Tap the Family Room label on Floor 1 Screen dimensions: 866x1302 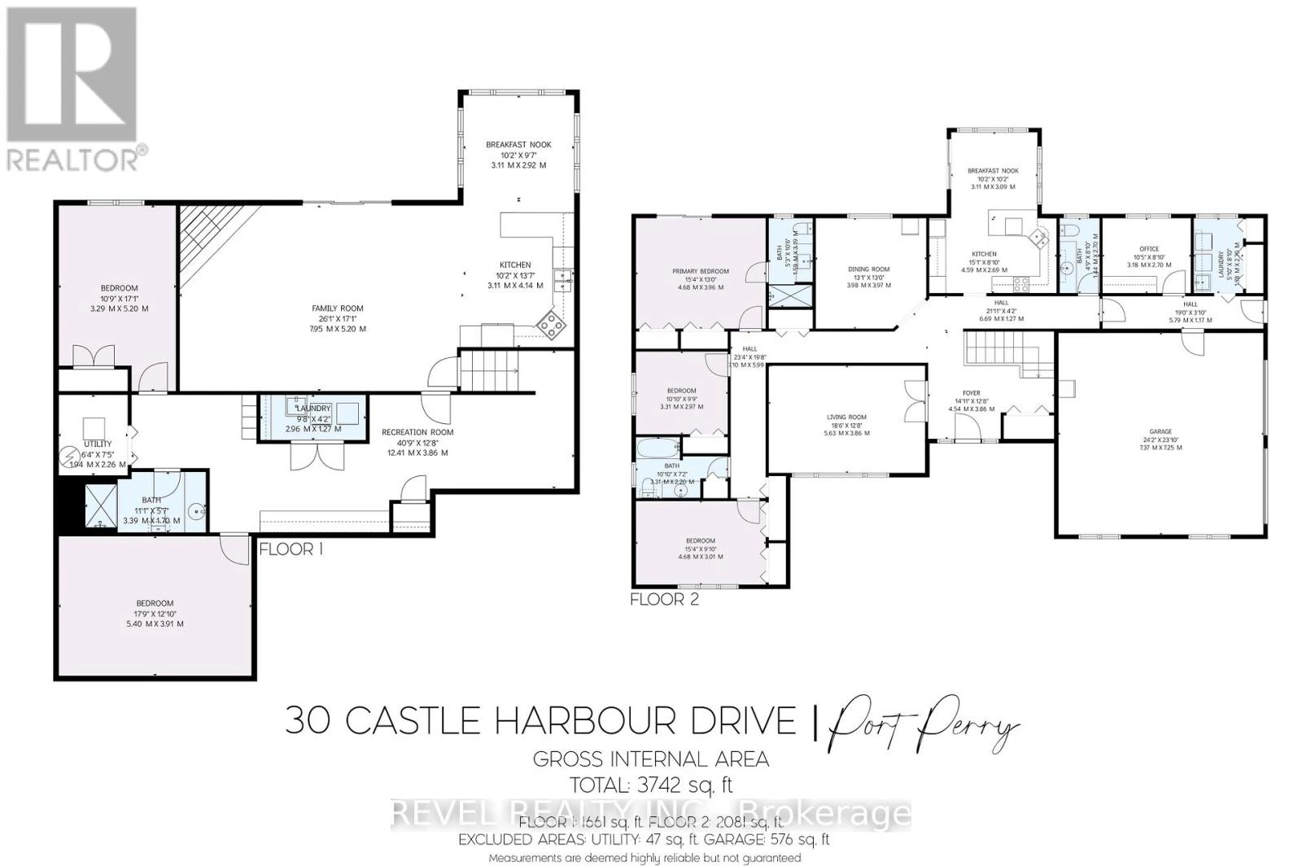pyautogui.click(x=338, y=309)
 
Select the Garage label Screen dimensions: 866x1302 pyautogui.click(x=1160, y=432)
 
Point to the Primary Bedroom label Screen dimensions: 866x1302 pyautogui.click(x=700, y=272)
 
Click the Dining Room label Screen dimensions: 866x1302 pyautogui.click(x=868, y=269)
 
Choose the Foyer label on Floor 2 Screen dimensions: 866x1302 pyautogui.click(x=971, y=394)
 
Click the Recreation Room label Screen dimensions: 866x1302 pyautogui.click(x=417, y=433)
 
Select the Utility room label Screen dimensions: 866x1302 pyautogui.click(x=98, y=444)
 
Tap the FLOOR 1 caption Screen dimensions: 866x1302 pyautogui.click(x=291, y=549)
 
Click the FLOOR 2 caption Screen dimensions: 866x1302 pyautogui.click(x=664, y=600)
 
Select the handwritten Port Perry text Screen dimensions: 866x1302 pyautogui.click(x=924, y=722)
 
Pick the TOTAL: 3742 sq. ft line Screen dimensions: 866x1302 pyautogui.click(x=650, y=785)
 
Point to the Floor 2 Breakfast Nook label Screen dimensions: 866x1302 pyautogui.click(x=992, y=171)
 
